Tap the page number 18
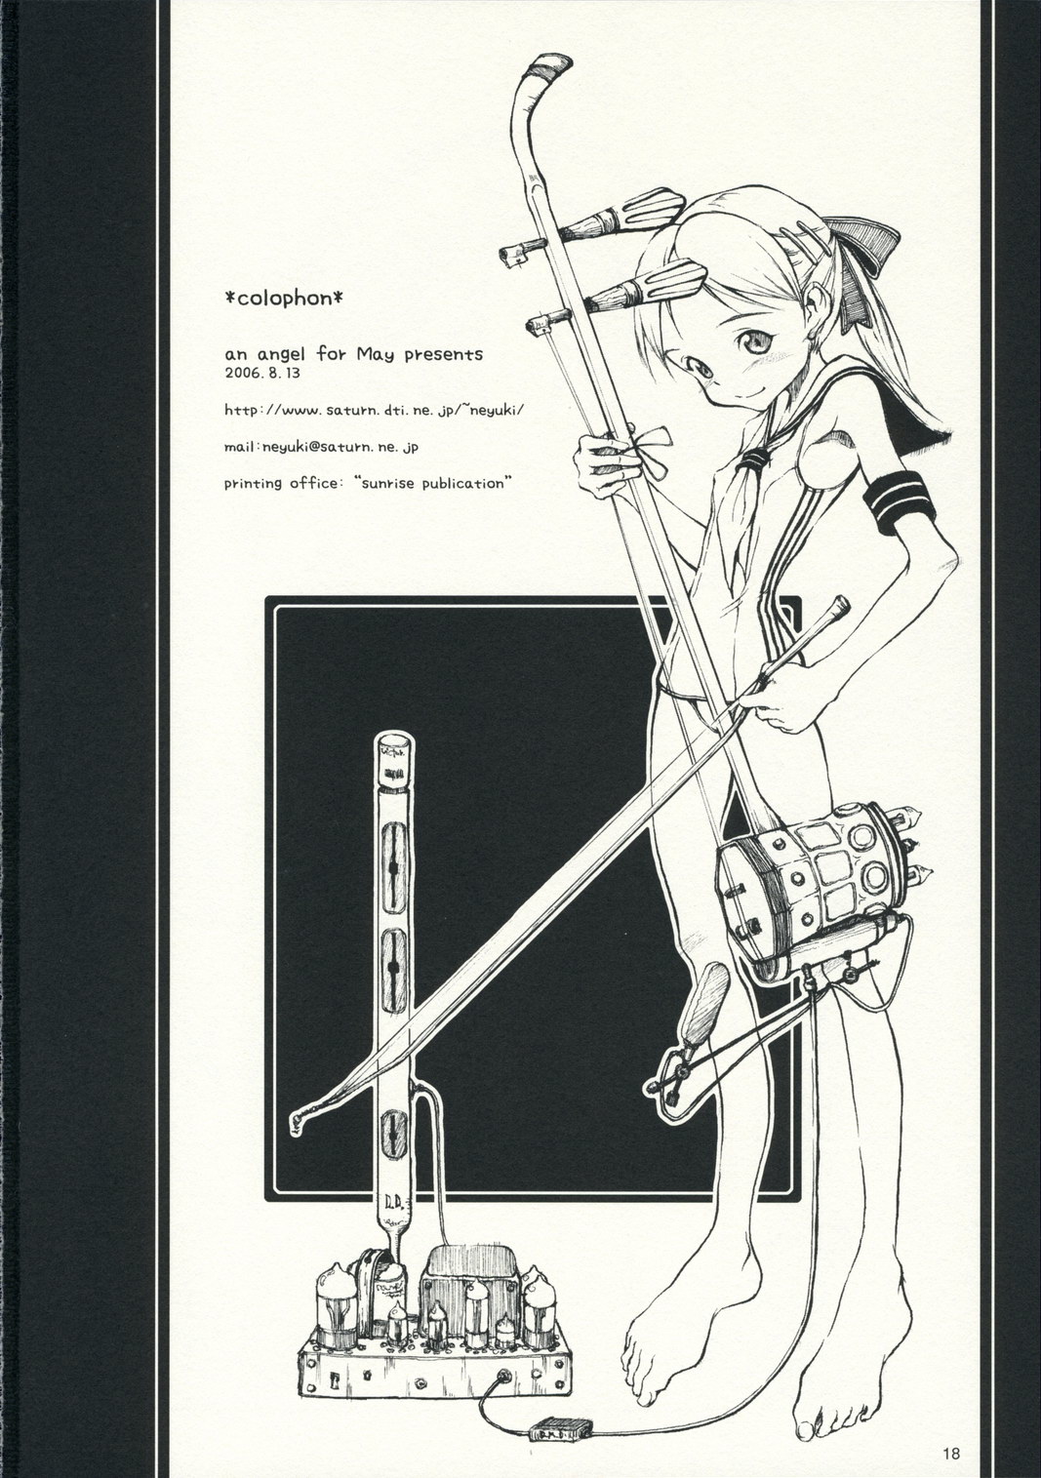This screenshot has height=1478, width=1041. pos(952,1454)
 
